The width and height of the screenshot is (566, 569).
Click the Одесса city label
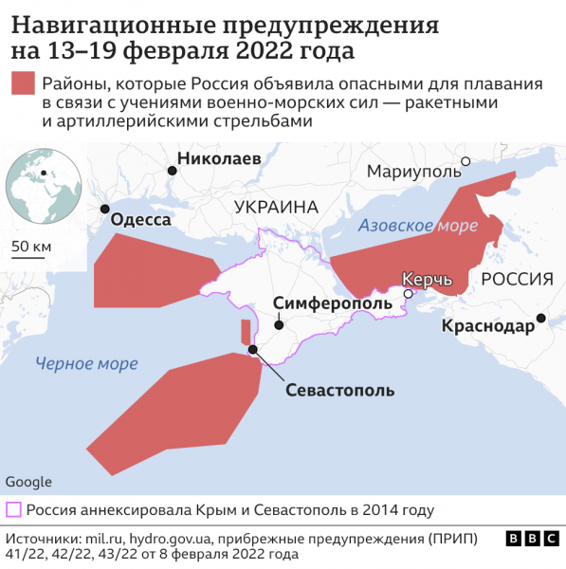[x=141, y=220]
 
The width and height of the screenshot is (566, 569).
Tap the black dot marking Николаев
[x=172, y=171]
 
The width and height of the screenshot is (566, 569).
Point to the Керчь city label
[x=428, y=280]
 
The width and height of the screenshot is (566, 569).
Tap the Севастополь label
[x=340, y=390]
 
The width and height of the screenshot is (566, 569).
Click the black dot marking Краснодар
[x=540, y=318]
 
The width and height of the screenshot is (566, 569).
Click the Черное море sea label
[x=86, y=363]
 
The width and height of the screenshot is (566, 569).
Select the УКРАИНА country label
[x=276, y=207]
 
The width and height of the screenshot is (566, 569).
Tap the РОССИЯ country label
[x=517, y=279]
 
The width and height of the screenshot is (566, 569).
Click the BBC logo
[x=531, y=538]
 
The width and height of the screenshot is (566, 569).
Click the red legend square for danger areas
[x=23, y=83]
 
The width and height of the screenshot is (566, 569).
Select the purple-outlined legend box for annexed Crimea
[x=14, y=509]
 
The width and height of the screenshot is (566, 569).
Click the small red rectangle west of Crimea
[x=247, y=332]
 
